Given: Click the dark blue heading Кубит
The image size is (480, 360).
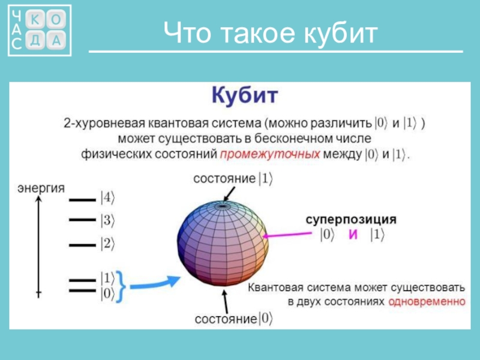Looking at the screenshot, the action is click(x=245, y=95).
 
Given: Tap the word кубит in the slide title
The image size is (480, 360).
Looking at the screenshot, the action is click(x=341, y=33).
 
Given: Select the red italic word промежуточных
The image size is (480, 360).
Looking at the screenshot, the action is click(x=270, y=154).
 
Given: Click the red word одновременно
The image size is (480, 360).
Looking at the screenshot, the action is click(x=427, y=302).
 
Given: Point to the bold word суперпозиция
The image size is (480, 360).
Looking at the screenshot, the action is click(x=351, y=220).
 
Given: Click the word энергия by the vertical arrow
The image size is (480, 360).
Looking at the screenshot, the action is click(x=41, y=188).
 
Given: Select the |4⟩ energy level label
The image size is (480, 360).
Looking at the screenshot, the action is click(x=107, y=198).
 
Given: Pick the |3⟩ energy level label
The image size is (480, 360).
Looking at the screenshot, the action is click(x=107, y=220).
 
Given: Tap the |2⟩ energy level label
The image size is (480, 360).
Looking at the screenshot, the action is click(x=107, y=244).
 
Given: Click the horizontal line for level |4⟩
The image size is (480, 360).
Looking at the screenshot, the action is click(x=82, y=200).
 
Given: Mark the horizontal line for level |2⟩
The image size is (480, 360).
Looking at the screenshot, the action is click(x=82, y=245).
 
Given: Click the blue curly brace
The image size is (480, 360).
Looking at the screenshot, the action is click(x=121, y=286).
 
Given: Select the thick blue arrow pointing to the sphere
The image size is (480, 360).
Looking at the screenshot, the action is click(x=155, y=283).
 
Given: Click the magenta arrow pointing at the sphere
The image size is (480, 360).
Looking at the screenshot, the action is click(x=287, y=235).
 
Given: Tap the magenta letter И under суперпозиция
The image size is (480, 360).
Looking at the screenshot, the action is click(x=353, y=235).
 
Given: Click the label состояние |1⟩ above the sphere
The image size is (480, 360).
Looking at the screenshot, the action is click(x=233, y=178).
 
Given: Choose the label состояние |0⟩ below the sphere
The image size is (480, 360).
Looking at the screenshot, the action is click(x=233, y=319).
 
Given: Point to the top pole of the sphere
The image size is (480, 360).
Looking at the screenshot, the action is click(x=223, y=206).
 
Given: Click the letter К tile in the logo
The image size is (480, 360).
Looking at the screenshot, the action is click(x=35, y=20).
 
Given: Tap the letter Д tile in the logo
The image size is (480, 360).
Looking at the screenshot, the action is click(x=35, y=40).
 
